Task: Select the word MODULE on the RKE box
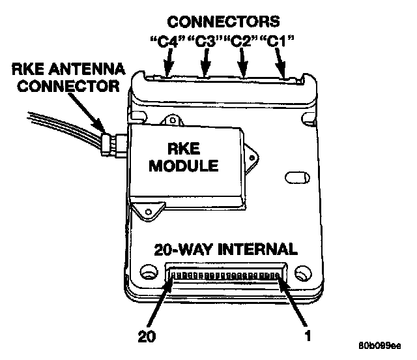click(184, 166)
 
